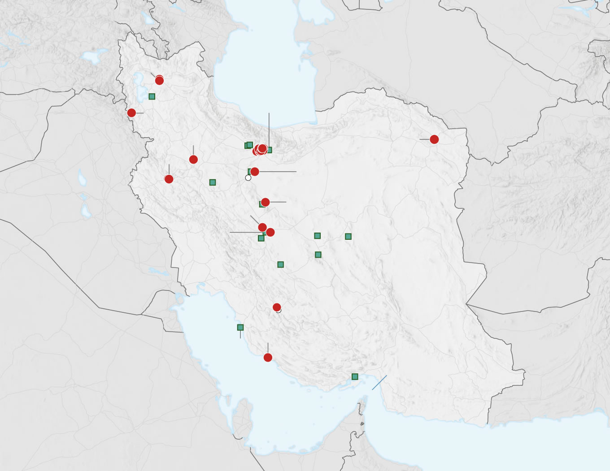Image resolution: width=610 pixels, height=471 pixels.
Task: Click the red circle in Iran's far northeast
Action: coord(434,139)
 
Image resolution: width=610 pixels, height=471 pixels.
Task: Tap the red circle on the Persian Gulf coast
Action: coord(268,357)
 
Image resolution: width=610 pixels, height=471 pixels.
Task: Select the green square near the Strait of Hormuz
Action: coord(355,376)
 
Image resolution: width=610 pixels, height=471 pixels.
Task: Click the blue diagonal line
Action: coord(379,383)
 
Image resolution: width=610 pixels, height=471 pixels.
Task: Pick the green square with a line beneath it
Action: coord(240,328)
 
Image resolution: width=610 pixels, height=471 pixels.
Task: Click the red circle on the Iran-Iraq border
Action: coord(131,112)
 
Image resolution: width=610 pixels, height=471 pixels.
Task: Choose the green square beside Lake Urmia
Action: coord(152,96)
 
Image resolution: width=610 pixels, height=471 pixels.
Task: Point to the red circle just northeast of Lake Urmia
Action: coord(159,80)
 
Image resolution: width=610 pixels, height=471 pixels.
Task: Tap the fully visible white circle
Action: coord(248,178)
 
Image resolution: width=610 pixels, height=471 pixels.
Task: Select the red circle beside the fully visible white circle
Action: coord(255,172)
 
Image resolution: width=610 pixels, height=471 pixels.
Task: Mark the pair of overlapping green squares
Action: coord(248,145)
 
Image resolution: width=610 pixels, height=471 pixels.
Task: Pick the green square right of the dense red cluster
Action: coord(269,150)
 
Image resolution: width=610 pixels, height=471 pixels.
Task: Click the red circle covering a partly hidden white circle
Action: coord(277,307)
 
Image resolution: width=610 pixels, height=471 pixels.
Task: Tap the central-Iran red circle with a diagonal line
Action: coord(262,227)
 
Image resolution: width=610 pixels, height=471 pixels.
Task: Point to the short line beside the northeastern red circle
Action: coord(424,139)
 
